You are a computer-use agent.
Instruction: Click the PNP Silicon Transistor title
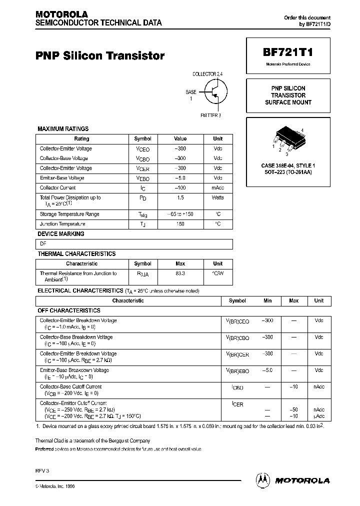click(100, 56)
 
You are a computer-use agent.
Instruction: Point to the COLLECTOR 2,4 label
click(207, 74)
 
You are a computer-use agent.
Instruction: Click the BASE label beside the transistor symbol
click(191, 92)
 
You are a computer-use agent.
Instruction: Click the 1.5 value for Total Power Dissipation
click(180, 197)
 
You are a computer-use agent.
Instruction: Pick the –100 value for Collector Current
click(180, 188)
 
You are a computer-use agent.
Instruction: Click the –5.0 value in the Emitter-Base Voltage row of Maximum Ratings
click(180, 178)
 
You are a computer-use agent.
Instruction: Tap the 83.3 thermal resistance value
click(180, 273)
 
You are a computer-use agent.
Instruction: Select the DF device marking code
click(43, 244)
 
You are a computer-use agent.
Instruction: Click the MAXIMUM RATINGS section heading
click(63, 129)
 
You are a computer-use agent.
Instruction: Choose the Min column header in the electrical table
click(267, 301)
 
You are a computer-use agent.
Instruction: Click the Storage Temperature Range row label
click(69, 214)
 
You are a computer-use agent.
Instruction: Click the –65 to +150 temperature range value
click(180, 214)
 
